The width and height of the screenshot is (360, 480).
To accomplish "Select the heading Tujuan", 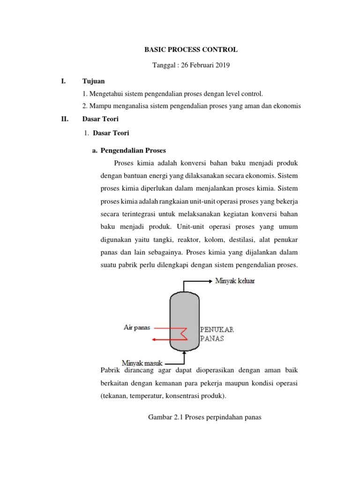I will coord(93,81).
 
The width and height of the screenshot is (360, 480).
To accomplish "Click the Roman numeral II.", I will coord(65,119).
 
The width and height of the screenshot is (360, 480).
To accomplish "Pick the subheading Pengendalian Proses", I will coord(133,150).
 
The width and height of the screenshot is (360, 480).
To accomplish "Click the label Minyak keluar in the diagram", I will coord(235,281).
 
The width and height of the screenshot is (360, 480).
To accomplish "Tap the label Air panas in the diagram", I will coord(137,328).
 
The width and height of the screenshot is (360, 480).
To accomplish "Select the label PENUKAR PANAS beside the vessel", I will coord(217,334).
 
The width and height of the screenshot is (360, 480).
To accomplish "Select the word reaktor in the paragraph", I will coord(187,240).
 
